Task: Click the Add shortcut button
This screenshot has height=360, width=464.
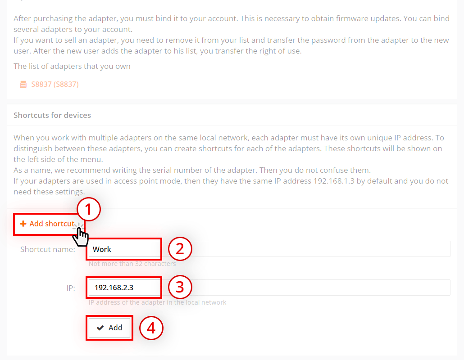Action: click(48, 224)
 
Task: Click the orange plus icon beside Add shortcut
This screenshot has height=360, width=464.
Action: click(23, 224)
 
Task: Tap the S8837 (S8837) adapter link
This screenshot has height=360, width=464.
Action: click(55, 84)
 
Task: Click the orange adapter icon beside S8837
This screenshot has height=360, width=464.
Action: click(23, 85)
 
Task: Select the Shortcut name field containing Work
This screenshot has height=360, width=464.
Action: click(269, 249)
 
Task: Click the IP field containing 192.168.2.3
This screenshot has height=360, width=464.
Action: click(269, 288)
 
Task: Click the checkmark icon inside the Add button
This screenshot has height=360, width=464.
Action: click(100, 328)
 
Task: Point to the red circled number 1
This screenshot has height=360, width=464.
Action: click(88, 209)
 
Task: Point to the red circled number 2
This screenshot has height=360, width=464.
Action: click(180, 248)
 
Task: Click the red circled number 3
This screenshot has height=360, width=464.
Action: click(180, 287)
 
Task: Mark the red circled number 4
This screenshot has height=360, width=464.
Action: click(151, 328)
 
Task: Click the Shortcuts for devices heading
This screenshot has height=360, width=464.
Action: click(52, 115)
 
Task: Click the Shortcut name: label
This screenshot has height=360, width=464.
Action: click(48, 249)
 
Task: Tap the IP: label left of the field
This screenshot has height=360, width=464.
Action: click(71, 288)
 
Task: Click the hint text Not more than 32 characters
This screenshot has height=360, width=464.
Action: click(132, 264)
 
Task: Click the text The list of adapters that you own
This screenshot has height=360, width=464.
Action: click(72, 66)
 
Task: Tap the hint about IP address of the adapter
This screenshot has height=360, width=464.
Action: click(157, 302)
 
